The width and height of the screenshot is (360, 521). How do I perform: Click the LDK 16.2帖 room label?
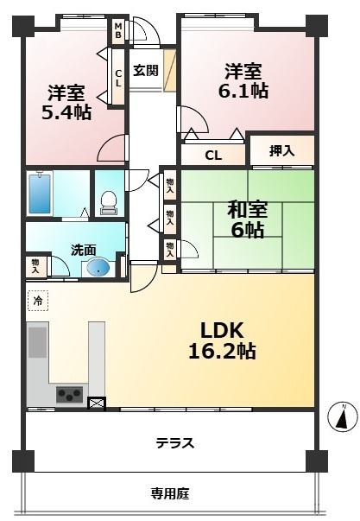(228, 340)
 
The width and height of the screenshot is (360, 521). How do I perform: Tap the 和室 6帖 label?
(247, 219)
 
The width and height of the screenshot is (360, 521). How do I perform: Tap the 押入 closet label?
(281, 150)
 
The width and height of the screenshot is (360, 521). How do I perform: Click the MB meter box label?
(118, 31)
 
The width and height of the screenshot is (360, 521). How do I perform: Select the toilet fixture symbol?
(109, 200)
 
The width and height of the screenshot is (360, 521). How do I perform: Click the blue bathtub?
(40, 193)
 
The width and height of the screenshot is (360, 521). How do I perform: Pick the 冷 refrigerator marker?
(37, 302)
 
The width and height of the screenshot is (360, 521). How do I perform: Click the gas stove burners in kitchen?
(68, 396)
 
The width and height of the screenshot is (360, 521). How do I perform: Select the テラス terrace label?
(174, 443)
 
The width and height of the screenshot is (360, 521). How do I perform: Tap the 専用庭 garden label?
(169, 494)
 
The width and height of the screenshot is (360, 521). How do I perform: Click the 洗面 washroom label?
(82, 249)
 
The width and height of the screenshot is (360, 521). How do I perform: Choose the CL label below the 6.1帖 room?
(213, 156)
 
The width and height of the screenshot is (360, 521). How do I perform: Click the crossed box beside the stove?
(96, 402)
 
